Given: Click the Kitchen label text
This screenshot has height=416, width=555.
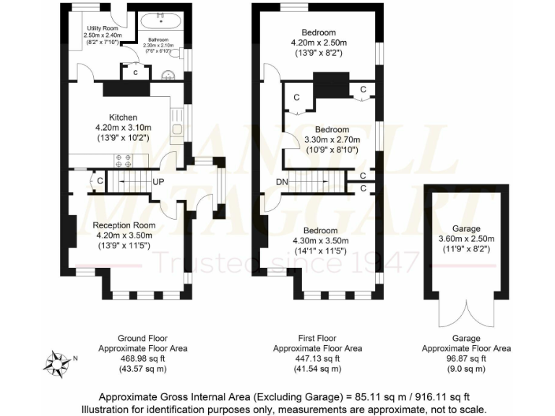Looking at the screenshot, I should pyautogui.click(x=123, y=118).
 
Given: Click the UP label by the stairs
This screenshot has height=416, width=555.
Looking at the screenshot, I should pyautogui.click(x=158, y=181).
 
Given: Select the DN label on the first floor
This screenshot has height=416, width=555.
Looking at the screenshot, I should pyautogui.click(x=281, y=181).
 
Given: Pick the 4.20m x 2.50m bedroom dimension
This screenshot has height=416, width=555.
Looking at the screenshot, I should pyautogui.click(x=319, y=43).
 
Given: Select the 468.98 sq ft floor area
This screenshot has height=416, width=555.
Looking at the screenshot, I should pyautogui.click(x=142, y=358).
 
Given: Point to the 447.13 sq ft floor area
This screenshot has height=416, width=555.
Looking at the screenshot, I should pyautogui.click(x=318, y=358).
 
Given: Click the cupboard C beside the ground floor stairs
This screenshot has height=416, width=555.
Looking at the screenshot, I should pyautogui.click(x=98, y=181).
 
